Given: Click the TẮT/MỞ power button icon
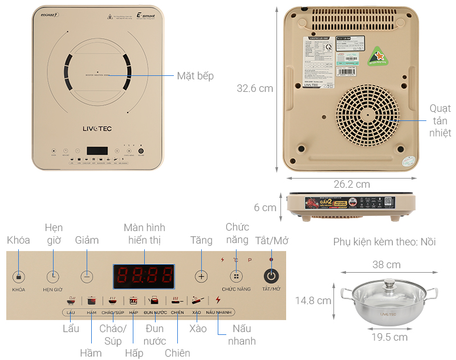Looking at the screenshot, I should (272, 276).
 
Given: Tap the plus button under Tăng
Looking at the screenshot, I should (201, 276).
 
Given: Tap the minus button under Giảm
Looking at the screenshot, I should (86, 276).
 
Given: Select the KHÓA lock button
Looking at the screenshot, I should (19, 277).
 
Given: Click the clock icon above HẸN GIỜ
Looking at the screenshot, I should (52, 276).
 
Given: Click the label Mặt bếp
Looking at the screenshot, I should (195, 75).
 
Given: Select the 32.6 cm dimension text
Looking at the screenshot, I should (255, 88).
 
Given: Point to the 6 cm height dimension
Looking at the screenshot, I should (265, 208).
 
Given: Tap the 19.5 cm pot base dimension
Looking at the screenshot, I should (389, 337).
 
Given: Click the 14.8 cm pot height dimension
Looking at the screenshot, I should (313, 301).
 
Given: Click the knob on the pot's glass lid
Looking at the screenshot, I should (389, 281).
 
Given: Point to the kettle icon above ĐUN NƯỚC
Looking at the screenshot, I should (154, 300).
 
